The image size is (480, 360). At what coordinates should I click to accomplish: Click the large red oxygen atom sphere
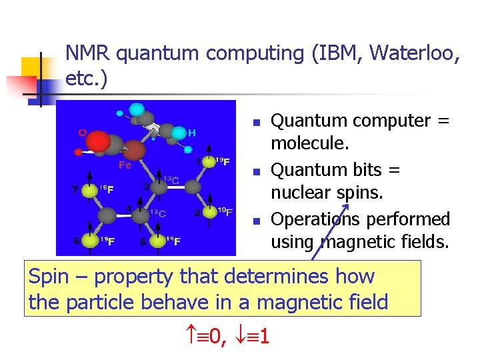(x=98, y=142)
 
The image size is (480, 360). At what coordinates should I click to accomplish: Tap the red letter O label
(x=82, y=133)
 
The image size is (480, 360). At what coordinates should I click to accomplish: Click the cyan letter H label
(x=192, y=133)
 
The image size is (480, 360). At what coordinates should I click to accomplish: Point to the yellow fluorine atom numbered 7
(x=89, y=191)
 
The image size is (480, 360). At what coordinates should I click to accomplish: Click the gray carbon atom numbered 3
(x=159, y=188)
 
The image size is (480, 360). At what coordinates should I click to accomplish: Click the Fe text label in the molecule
(x=125, y=165)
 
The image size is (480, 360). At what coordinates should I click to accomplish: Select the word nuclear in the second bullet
(x=298, y=193)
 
